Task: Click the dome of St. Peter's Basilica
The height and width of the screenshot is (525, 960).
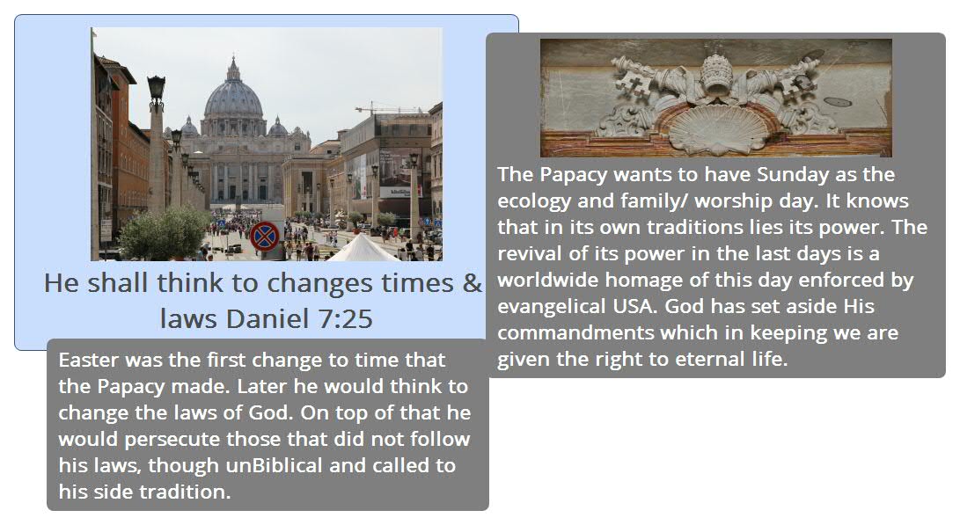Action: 233,97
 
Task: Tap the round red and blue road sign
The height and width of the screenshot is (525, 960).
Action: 265,237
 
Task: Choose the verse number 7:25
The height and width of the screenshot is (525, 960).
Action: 345,319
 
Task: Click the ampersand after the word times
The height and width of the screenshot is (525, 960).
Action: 472,283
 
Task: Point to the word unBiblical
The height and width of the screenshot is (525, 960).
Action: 275,465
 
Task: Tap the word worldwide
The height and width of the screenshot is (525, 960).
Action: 548,280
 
